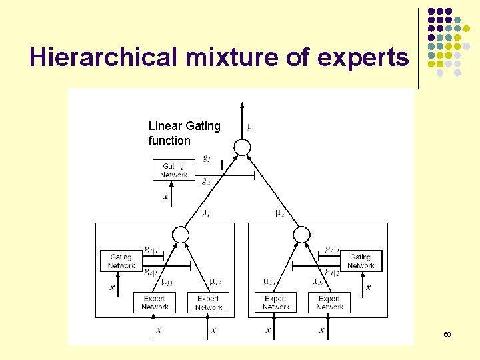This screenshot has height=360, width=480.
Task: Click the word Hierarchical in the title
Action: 103,59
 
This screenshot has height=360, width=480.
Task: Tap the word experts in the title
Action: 363,59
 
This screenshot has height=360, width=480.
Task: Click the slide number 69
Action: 447,333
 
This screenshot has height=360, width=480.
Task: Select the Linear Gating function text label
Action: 184,133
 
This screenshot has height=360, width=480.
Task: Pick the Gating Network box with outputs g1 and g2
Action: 173,171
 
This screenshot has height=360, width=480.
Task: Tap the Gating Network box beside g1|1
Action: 121,261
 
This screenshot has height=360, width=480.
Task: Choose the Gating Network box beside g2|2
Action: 361,261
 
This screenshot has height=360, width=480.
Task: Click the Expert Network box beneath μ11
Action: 155,303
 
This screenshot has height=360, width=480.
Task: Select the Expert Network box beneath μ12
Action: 209,303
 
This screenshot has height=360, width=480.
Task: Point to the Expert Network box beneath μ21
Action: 275,303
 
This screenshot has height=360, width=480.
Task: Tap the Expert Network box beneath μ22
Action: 329,303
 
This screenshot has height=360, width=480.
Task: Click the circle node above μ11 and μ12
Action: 180,234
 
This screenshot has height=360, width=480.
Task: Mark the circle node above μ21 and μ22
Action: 302,234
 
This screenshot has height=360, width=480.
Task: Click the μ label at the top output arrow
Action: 250,126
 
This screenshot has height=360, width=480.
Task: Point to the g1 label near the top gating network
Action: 207,159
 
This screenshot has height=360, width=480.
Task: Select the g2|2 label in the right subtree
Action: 332,250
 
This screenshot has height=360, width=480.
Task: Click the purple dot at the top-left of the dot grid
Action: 431,12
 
